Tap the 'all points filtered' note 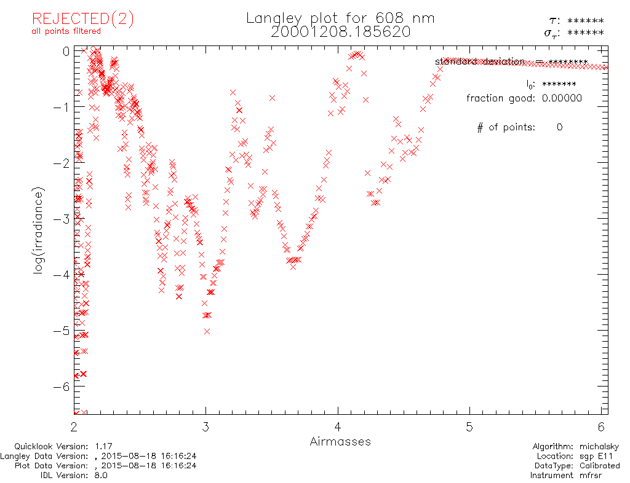[x=66, y=31]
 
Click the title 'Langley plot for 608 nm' [x=340, y=18]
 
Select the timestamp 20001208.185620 [x=340, y=32]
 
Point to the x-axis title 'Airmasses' [x=340, y=441]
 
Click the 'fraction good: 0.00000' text [x=524, y=98]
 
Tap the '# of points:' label [x=506, y=127]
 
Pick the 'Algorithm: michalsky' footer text [x=575, y=447]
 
